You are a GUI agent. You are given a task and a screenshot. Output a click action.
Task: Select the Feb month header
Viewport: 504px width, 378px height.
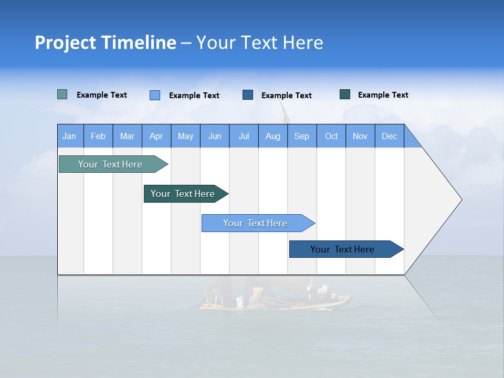click(98, 136)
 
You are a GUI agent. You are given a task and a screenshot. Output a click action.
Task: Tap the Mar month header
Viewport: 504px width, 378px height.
click(127, 136)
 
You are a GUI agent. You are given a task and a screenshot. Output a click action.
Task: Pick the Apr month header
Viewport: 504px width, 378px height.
click(156, 136)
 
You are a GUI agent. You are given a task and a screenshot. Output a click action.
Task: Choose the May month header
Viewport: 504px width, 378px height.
click(185, 136)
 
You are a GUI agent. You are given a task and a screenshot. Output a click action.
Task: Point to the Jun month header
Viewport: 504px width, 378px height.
click(215, 136)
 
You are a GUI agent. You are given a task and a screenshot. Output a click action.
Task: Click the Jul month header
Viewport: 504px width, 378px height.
click(244, 136)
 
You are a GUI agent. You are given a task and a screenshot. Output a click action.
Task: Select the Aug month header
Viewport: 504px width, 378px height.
click(273, 136)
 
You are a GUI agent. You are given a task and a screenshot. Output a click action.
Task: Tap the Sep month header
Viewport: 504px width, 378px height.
click(302, 136)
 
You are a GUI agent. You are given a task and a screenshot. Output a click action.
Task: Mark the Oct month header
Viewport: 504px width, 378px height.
click(331, 136)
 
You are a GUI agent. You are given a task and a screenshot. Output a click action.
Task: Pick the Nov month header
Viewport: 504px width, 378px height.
click(360, 136)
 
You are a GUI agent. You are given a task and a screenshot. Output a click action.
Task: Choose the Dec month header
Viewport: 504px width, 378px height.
click(390, 136)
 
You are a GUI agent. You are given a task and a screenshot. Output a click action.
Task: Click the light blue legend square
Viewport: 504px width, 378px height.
click(155, 95)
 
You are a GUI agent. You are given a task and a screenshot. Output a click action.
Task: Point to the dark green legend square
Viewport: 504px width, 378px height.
click(345, 94)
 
